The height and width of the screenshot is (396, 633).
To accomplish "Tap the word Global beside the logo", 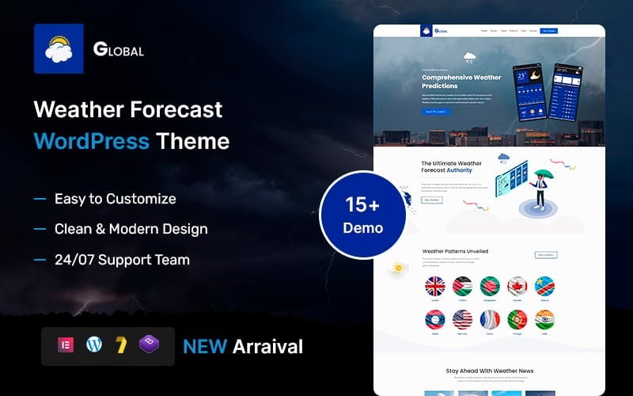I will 119,50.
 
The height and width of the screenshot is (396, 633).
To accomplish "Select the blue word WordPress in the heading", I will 91,142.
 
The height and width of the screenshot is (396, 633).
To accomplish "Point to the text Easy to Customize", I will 115,199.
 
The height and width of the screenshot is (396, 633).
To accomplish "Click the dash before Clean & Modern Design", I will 40,230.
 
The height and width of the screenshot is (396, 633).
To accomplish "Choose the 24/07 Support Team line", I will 122,260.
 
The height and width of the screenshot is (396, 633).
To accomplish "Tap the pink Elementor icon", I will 66,345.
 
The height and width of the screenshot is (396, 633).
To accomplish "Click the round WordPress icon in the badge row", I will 94,345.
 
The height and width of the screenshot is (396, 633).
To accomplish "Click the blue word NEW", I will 205,346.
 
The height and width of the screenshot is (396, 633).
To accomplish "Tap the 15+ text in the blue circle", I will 363,204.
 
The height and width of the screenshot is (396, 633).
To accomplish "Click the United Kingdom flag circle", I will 435,286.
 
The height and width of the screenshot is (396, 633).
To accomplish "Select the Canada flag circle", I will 517,286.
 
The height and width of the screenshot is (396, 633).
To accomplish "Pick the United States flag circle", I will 462,320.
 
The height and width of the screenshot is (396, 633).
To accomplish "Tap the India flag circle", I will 544,320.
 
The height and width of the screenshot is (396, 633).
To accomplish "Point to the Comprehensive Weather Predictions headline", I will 461,82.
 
